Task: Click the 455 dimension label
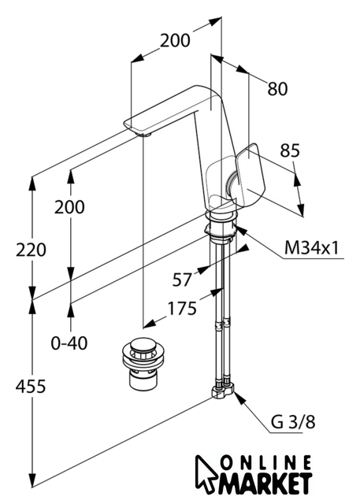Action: pyautogui.click(x=31, y=386)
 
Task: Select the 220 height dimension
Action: pyautogui.click(x=32, y=250)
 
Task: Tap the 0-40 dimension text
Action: pyautogui.click(x=69, y=343)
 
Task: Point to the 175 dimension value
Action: pyautogui.click(x=182, y=309)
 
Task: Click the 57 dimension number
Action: pyautogui.click(x=182, y=280)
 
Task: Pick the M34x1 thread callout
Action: pyautogui.click(x=311, y=248)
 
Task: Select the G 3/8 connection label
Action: pyautogui.click(x=293, y=422)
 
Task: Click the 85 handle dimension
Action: pyautogui.click(x=290, y=150)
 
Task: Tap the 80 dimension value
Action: pyautogui.click(x=277, y=89)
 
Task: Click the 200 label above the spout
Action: pyautogui.click(x=175, y=40)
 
